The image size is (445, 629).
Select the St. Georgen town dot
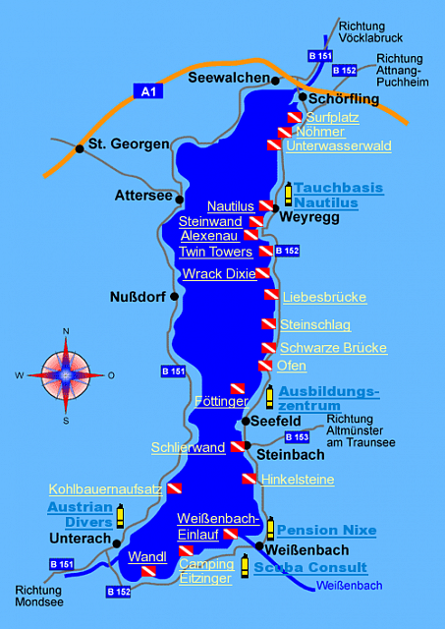(x=79, y=149)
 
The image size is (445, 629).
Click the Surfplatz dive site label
(x=332, y=117)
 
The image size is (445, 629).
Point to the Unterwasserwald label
(x=338, y=146)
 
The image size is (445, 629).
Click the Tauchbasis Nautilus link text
(x=324, y=195)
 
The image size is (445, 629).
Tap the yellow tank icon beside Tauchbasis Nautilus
(x=288, y=194)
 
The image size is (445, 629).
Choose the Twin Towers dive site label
(x=216, y=252)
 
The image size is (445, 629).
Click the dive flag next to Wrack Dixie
(x=262, y=273)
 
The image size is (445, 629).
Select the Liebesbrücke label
(x=324, y=296)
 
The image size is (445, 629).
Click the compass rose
(x=66, y=373)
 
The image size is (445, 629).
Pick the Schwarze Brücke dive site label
(x=333, y=348)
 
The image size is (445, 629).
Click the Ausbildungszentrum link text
(x=328, y=397)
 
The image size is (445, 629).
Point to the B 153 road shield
(x=297, y=436)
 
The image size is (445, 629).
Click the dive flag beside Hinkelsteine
(x=249, y=479)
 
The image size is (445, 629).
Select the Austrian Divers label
(x=81, y=514)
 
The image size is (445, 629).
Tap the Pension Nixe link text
(x=326, y=531)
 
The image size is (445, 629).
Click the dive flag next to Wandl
(x=147, y=571)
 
